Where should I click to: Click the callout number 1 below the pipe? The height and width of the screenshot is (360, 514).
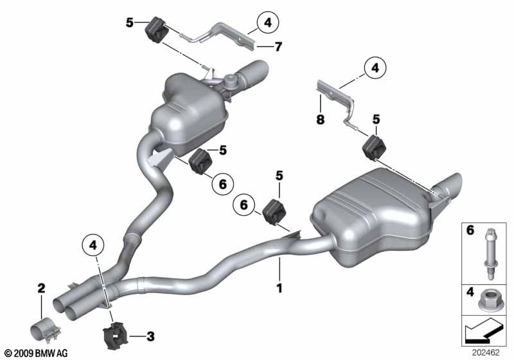(x=279, y=289)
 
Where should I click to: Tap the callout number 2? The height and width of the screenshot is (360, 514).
(x=41, y=289)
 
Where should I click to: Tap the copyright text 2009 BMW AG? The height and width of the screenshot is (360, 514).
(x=35, y=353)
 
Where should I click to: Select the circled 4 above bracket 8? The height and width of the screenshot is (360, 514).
(x=374, y=67)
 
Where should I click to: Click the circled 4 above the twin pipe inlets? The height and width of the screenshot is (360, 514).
(x=93, y=244)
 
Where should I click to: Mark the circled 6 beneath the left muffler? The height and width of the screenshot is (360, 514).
(x=222, y=184)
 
